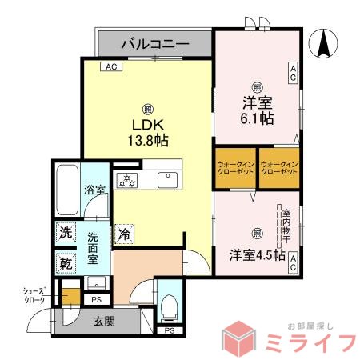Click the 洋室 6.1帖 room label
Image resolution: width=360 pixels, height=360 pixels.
257,110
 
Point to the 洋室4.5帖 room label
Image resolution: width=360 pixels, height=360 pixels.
257,255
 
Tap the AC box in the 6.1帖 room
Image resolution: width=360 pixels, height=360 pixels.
294,74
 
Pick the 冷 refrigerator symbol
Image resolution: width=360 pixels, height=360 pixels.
125,234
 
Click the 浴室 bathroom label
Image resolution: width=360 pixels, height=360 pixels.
95,190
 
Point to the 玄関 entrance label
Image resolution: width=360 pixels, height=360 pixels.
104,322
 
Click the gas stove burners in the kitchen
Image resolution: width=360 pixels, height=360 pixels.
127,179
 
